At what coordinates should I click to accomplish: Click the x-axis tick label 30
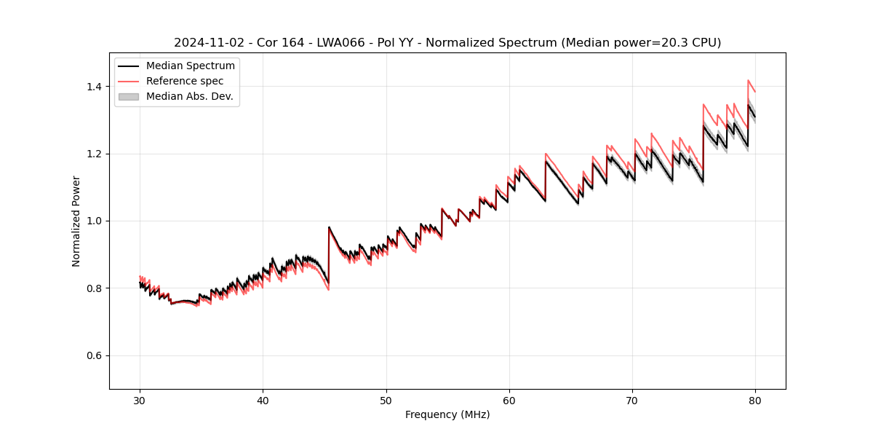pos(140,401)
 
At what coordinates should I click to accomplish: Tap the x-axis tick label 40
pos(263,401)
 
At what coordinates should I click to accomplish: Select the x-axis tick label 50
pos(386,401)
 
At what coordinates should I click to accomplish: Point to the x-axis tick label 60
pos(509,401)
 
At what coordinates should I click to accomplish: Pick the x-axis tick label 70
pos(632,401)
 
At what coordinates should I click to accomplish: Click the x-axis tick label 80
pos(755,401)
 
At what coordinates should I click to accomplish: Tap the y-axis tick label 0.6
pos(94,355)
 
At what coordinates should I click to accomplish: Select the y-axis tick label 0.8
pos(94,288)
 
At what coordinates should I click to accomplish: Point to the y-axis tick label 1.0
pos(94,221)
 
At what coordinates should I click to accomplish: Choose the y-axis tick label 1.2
pos(94,154)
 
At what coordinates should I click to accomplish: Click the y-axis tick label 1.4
pos(94,87)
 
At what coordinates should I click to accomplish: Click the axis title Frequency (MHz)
pos(447,414)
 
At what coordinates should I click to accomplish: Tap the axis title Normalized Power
pos(76,221)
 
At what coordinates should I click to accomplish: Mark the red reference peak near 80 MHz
pos(748,80)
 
